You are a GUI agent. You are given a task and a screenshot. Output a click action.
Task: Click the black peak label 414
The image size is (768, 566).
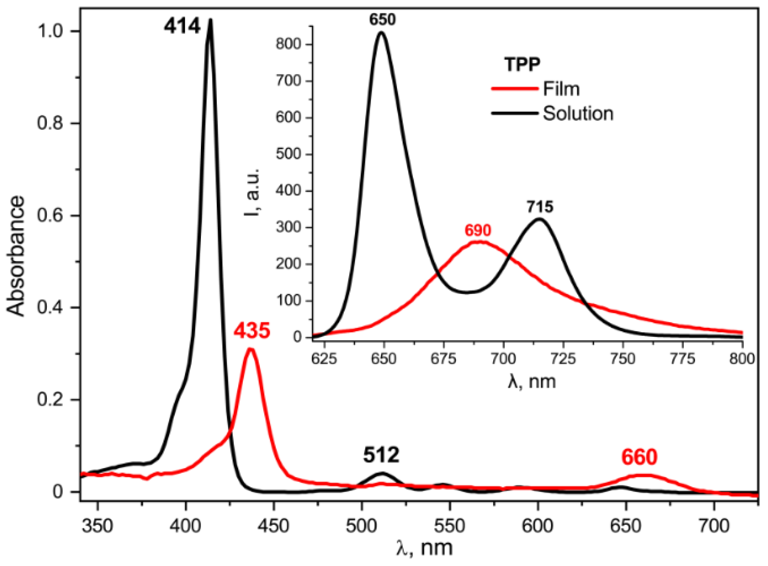point(182,27)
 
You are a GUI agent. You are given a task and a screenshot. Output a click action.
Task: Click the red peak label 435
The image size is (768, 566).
point(252,331)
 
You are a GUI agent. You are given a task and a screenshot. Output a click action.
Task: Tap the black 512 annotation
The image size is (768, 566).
point(381,455)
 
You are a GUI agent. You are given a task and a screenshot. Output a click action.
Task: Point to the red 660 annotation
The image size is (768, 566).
point(639,457)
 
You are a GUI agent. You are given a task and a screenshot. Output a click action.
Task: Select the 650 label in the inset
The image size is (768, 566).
point(382,20)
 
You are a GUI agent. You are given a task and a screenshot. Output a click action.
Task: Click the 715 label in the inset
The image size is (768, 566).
point(540,207)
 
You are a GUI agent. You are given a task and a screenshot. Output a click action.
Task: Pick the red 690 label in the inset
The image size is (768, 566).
point(477,230)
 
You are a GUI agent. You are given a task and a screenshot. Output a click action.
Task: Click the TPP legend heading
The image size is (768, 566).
point(522,65)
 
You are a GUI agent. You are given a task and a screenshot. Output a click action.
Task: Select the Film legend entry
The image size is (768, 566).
point(561,89)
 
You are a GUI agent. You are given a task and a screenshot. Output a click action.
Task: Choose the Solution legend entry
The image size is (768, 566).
point(578,113)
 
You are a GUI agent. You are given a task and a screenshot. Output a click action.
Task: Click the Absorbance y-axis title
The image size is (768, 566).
point(16,256)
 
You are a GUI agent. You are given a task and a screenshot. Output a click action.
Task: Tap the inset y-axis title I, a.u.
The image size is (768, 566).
point(252,193)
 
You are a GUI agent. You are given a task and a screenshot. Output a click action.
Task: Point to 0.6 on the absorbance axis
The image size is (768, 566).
point(51,216)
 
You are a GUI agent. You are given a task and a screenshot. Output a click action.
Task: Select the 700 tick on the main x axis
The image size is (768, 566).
point(714,526)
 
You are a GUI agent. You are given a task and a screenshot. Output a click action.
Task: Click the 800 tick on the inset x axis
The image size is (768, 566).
point(742,359)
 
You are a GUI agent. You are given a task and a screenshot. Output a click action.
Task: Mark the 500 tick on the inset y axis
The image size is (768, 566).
point(288,154)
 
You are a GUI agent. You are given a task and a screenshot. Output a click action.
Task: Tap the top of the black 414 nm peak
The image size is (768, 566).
point(210,20)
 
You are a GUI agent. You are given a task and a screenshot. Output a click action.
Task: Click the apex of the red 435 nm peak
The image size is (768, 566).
point(250,349)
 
